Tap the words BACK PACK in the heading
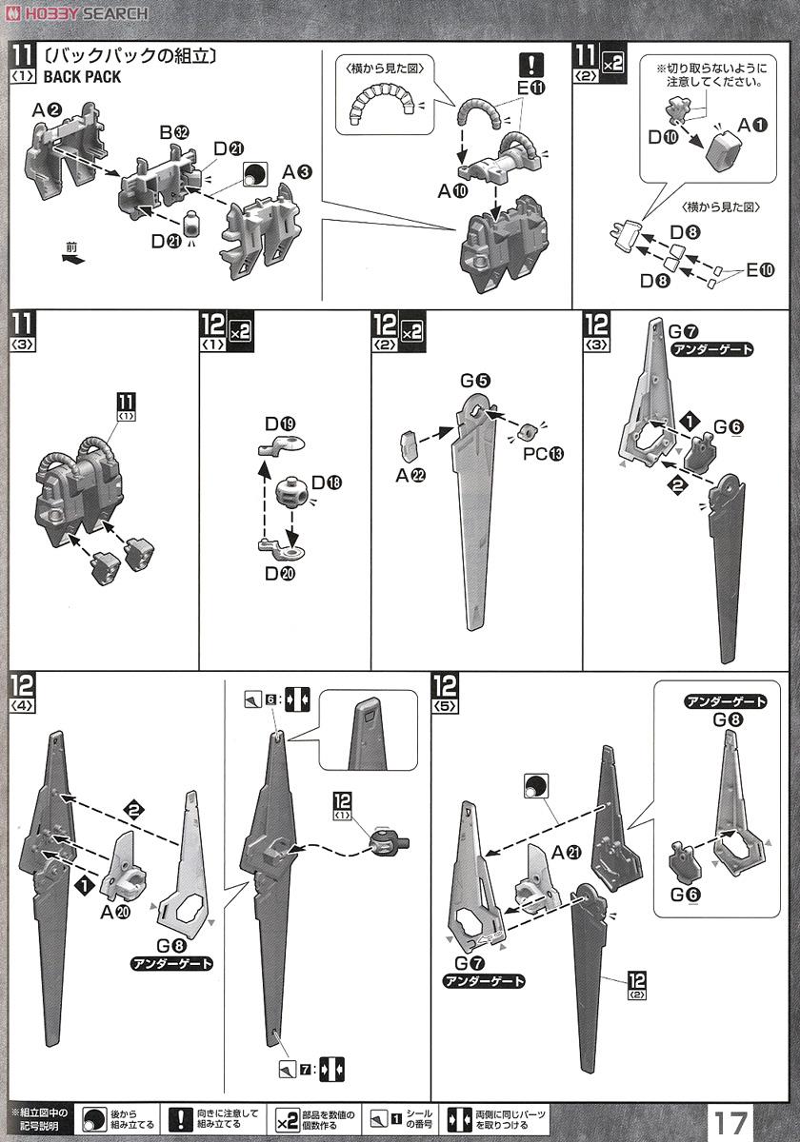pos(82,77)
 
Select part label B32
pos(171,132)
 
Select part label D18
pos(326,482)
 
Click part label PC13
pos(543,453)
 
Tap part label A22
pos(411,475)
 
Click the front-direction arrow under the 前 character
pos(72,258)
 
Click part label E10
pos(760,270)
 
